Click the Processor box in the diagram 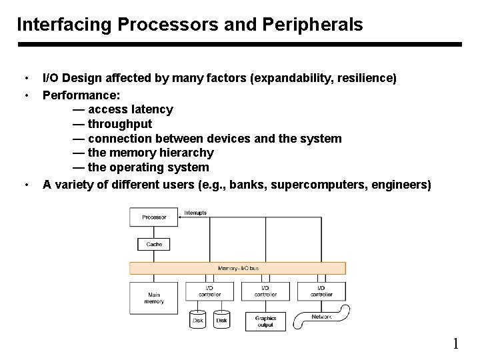coord(154,217)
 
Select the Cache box coord(154,245)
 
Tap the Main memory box coord(154,298)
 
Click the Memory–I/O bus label coord(238,268)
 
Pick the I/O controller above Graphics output coord(265,291)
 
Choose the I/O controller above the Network coord(321,291)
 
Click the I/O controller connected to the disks coord(210,291)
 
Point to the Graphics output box coord(265,321)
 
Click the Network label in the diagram coord(322,317)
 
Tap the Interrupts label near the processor coord(195,213)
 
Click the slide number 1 coord(456,344)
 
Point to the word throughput coord(119,123)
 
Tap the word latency coord(153,109)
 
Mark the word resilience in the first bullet coord(367,79)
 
